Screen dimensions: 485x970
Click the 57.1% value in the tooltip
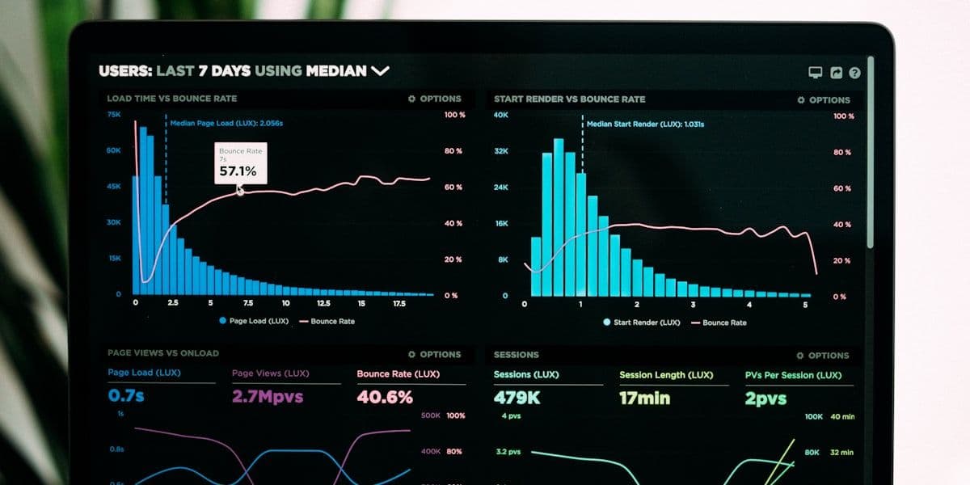238,171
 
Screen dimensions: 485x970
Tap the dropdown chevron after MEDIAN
380,71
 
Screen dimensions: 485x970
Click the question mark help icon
854,73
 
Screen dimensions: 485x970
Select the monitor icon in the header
816,73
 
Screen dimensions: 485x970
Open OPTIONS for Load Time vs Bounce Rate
435,99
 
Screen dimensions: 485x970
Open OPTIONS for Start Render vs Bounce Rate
824,100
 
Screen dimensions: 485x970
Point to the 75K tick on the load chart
114,115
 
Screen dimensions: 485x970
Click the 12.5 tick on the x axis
323,303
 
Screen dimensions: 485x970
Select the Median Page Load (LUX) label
226,123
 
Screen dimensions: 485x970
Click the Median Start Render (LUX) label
645,124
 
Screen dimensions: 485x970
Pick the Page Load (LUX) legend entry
254,321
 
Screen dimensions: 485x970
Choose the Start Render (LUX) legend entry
642,323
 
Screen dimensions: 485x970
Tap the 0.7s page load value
126,396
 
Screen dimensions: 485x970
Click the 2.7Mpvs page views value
268,397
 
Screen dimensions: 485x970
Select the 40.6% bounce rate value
385,397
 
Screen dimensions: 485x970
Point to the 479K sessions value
517,398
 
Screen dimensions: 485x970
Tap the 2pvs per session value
766,399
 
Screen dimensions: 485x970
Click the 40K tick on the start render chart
501,116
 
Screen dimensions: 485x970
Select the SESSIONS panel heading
517,355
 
